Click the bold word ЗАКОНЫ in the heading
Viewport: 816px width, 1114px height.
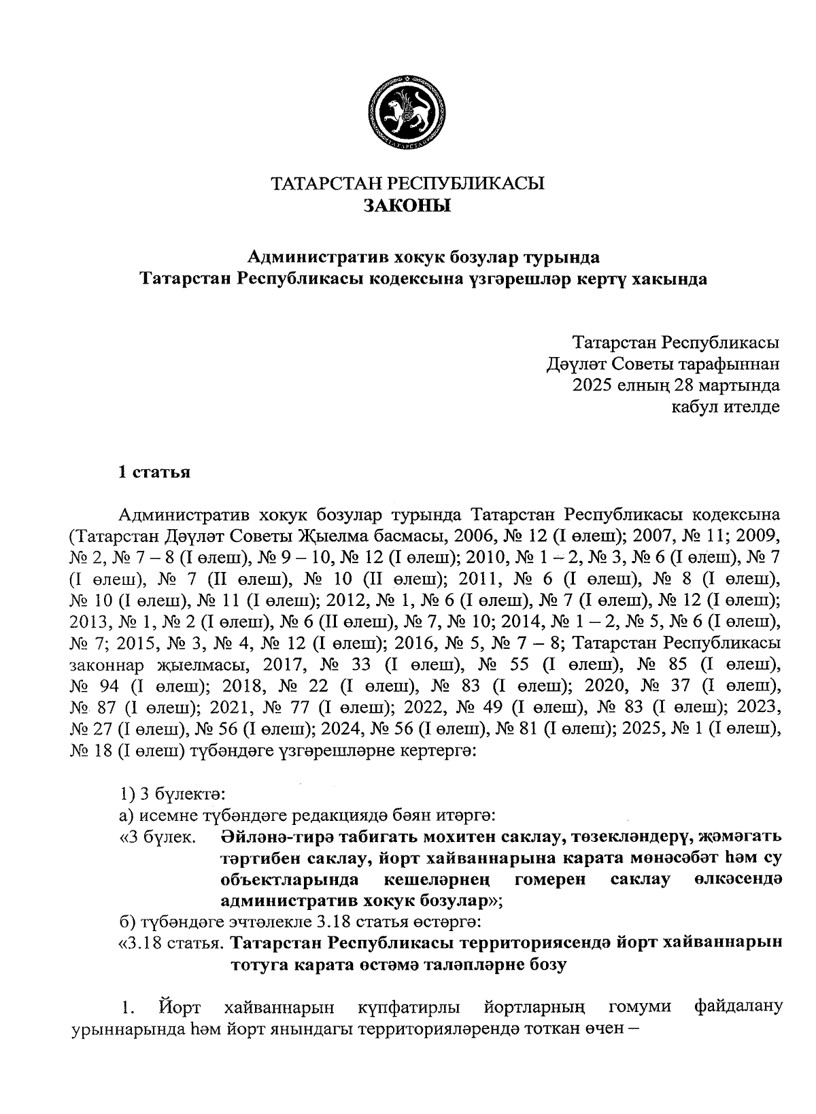[x=407, y=205]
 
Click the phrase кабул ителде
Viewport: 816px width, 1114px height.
[x=726, y=407]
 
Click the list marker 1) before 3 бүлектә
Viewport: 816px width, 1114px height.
[x=127, y=794]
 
